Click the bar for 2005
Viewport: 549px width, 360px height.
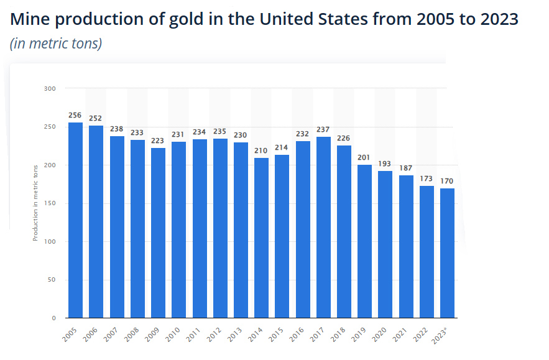tap(75, 220)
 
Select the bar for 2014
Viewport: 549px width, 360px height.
tap(261, 238)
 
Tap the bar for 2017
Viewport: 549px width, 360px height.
tap(323, 227)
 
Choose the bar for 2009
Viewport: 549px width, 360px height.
tap(158, 233)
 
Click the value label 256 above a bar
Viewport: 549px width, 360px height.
tap(75, 116)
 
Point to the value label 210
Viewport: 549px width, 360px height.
tap(261, 151)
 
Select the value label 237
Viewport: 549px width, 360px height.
tap(323, 130)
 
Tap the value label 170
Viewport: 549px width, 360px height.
tap(447, 182)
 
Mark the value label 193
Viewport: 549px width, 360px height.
tap(385, 164)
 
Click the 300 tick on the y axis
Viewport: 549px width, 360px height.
tap(50, 89)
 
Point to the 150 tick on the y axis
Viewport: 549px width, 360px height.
tap(50, 203)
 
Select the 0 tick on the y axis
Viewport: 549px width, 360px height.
tap(53, 318)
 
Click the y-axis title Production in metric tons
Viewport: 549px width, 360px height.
tap(35, 203)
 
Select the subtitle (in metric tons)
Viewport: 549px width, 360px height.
tap(56, 44)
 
